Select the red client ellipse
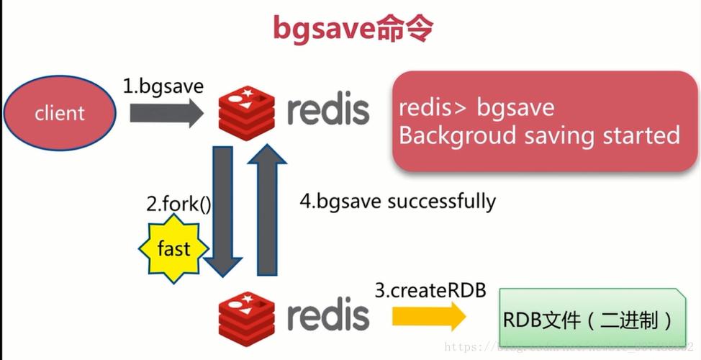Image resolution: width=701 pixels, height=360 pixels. (60, 113)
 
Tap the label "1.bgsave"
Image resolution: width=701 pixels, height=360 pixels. (163, 86)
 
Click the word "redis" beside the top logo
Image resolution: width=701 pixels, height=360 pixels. (328, 111)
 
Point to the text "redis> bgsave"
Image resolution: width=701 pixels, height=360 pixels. (476, 108)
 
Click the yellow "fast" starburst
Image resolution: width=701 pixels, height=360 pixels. (173, 249)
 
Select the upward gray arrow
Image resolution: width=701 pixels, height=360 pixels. (268, 209)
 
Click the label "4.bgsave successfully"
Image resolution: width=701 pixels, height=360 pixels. (397, 201)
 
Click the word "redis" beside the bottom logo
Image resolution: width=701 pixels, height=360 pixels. (328, 315)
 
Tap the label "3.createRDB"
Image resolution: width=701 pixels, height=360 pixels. (430, 291)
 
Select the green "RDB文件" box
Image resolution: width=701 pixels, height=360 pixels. (590, 318)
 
